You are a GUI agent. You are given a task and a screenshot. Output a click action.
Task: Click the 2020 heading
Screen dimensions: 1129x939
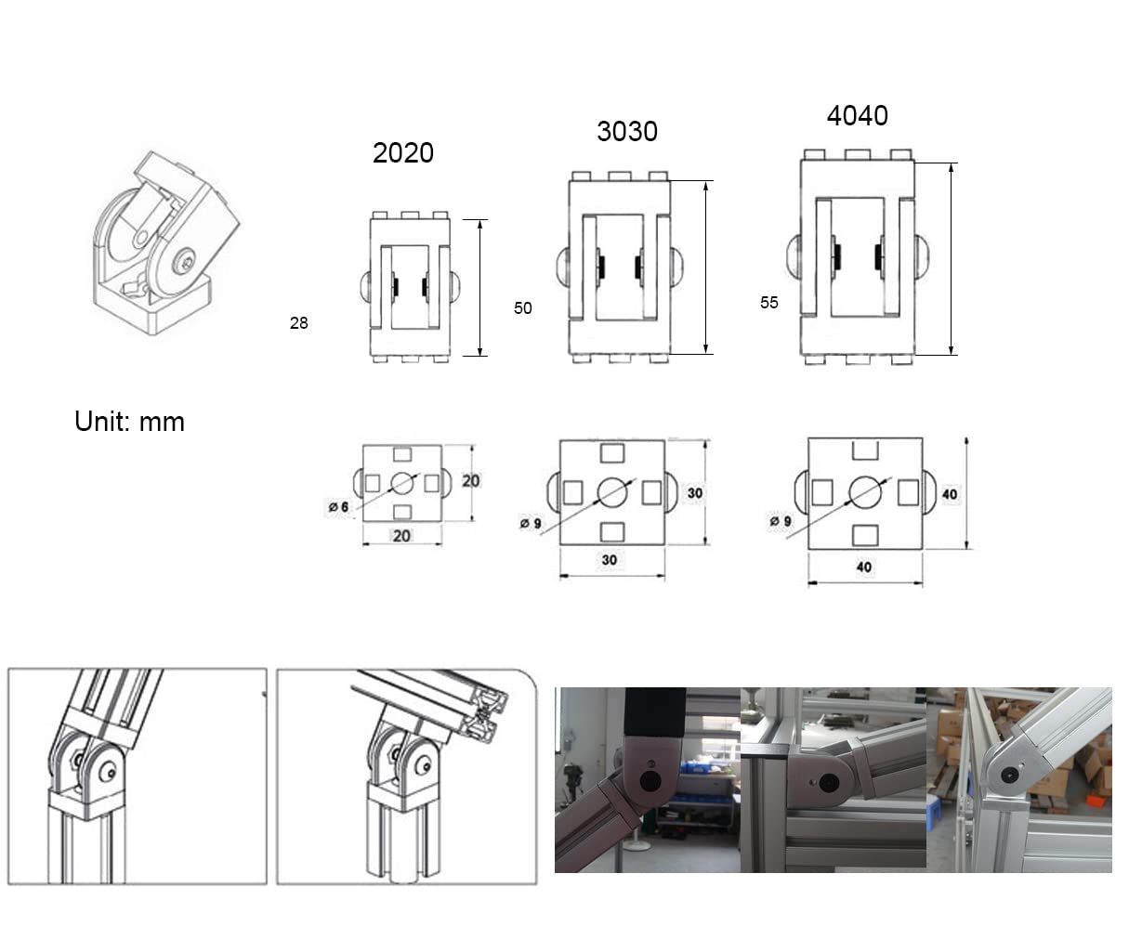coord(403,153)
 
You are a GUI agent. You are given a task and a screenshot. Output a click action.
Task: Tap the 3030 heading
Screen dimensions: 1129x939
coord(627,131)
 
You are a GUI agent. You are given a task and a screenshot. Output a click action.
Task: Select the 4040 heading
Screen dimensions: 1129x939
coord(858,116)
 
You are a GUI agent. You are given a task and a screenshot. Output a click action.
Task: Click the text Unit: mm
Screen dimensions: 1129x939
coord(130,421)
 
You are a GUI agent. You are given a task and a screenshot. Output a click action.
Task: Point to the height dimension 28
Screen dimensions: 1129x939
coord(299,323)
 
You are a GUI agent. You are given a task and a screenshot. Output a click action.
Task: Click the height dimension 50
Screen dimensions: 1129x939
coord(523,308)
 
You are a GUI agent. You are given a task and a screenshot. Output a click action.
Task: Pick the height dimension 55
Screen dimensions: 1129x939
coord(769,303)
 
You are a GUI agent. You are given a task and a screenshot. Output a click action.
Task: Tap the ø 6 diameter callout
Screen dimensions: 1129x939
coord(338,507)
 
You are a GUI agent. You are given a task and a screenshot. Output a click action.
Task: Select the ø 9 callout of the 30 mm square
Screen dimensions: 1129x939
coord(531,523)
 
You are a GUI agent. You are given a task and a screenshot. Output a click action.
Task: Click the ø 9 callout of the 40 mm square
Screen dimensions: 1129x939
coord(781,521)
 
